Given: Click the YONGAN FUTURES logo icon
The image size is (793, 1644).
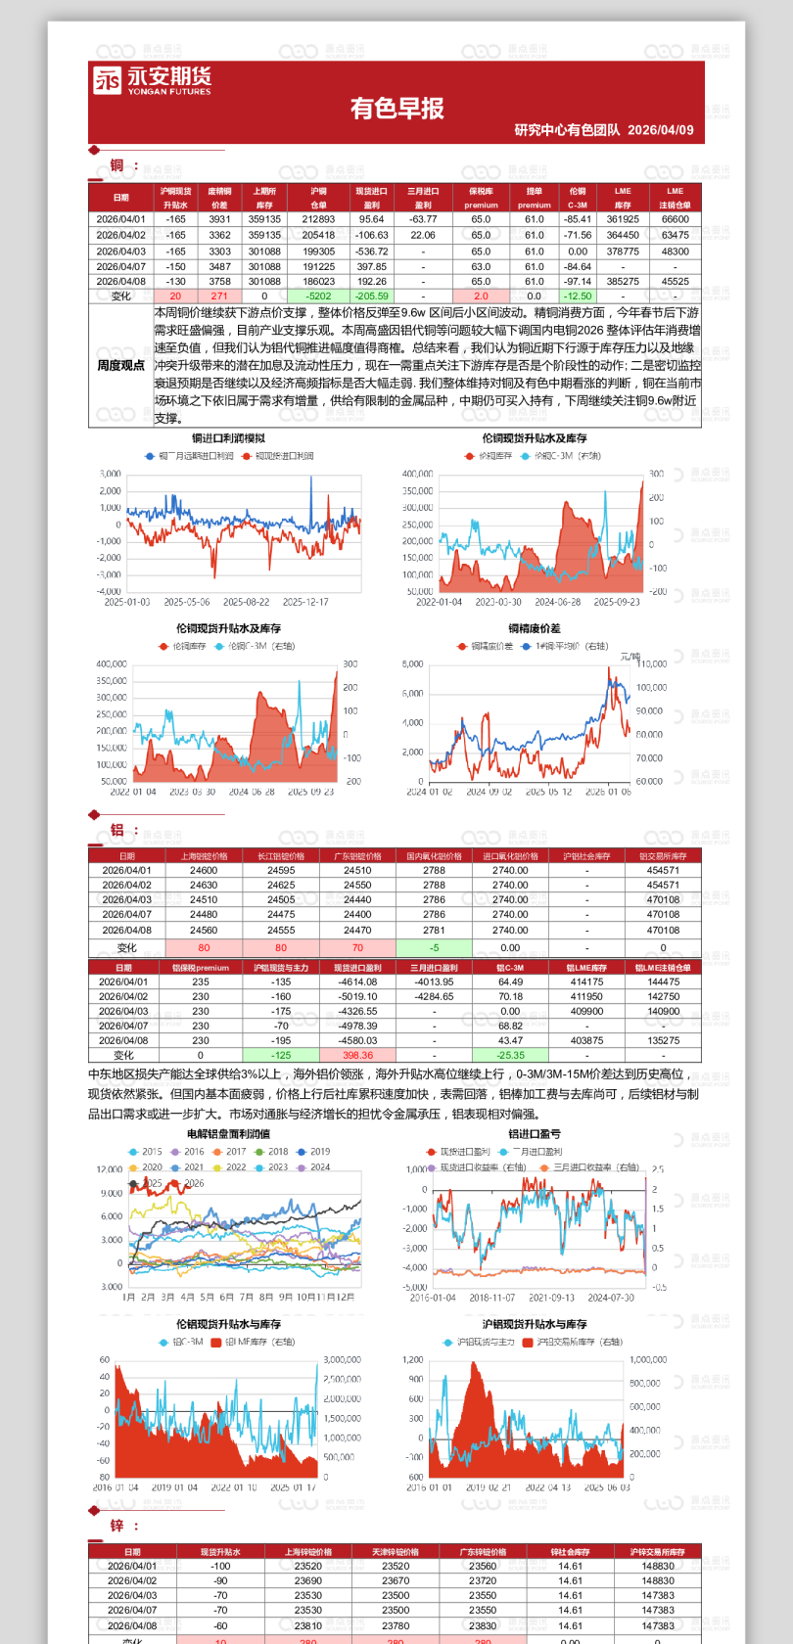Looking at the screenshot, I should click(108, 80).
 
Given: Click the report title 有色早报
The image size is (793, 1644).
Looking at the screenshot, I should click(396, 109).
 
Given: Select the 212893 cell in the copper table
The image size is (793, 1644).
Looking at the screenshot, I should click(318, 220).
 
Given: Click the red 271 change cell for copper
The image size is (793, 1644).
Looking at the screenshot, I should click(219, 296).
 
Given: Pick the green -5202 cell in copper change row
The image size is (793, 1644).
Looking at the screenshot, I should click(318, 296).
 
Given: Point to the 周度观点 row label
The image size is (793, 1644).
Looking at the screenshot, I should click(120, 366).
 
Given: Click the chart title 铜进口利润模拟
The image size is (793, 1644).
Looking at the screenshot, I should click(228, 438).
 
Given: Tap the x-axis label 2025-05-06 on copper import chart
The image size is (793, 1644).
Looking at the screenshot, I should click(187, 602).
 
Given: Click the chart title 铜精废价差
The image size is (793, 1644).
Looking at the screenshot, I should click(534, 628).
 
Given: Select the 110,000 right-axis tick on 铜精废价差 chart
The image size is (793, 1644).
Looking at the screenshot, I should click(652, 663).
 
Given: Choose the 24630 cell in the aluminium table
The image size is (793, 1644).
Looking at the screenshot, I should click(204, 885).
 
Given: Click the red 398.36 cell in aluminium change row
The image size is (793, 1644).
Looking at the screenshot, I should click(357, 1056).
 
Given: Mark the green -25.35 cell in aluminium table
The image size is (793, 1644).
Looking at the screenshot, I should click(510, 1056).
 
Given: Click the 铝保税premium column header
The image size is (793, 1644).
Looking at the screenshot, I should click(201, 968).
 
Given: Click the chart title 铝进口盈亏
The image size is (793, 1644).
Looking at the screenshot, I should click(534, 1134).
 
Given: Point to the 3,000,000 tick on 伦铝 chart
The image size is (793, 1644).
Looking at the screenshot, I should click(342, 1360).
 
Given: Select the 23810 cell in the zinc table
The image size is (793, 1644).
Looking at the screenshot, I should click(307, 1625).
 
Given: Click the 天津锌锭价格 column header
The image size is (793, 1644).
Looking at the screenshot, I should click(396, 1552).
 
